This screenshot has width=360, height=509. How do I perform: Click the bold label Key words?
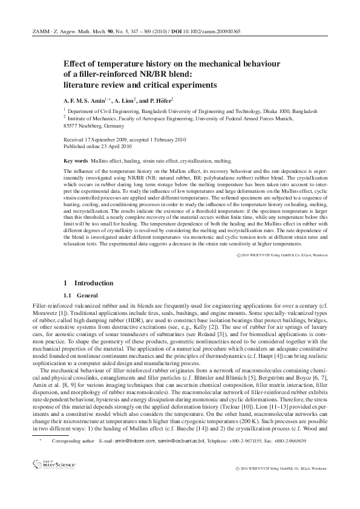[76, 161]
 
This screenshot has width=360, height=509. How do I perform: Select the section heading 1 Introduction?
[88, 283]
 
